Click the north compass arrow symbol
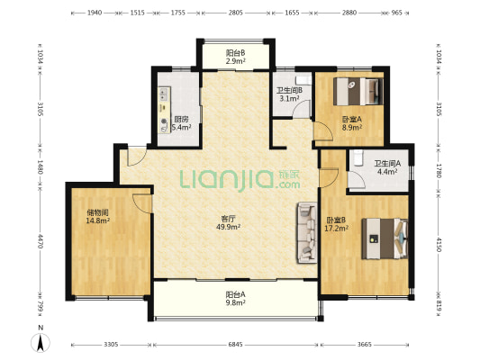(x=41, y=343)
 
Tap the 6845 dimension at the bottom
(x=235, y=345)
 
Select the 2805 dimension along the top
(x=235, y=13)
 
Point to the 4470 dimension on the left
(x=41, y=241)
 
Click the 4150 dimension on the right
(x=439, y=245)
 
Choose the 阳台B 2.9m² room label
(x=235, y=57)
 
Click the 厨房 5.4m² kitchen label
(x=181, y=123)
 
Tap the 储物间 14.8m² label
(x=98, y=216)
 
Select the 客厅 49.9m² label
(x=228, y=222)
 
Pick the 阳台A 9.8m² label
(x=235, y=299)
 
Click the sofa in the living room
(x=306, y=233)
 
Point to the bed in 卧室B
(x=385, y=238)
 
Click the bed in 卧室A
(x=358, y=92)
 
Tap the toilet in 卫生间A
(x=358, y=157)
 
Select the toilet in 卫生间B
(x=303, y=80)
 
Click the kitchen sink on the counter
(x=164, y=94)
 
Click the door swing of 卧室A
(x=323, y=130)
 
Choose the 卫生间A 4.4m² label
(x=387, y=167)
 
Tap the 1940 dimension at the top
(x=95, y=13)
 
